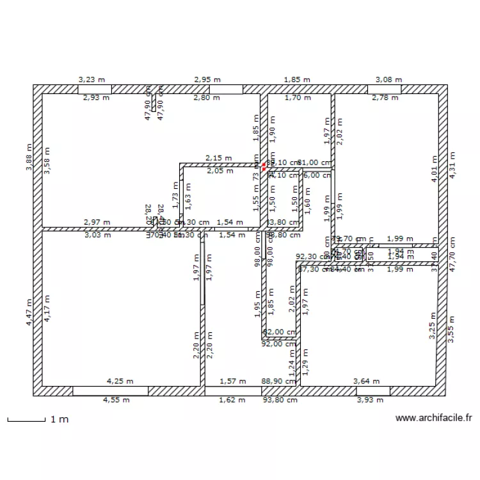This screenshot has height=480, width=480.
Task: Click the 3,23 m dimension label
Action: point(92,79)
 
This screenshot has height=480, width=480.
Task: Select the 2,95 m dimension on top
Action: point(207,79)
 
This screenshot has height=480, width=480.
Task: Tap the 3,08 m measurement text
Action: point(388,79)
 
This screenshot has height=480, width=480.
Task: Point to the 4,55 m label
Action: point(116,401)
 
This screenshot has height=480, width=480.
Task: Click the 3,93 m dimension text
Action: point(370,401)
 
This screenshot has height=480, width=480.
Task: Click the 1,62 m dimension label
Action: point(232,401)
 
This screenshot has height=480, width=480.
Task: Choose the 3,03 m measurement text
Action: point(97,235)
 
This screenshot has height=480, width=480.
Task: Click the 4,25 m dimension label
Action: point(120,381)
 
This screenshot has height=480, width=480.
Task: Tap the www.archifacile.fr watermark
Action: point(433,418)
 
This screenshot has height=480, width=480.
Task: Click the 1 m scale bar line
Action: point(26,420)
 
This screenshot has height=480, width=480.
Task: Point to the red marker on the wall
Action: point(264,166)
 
